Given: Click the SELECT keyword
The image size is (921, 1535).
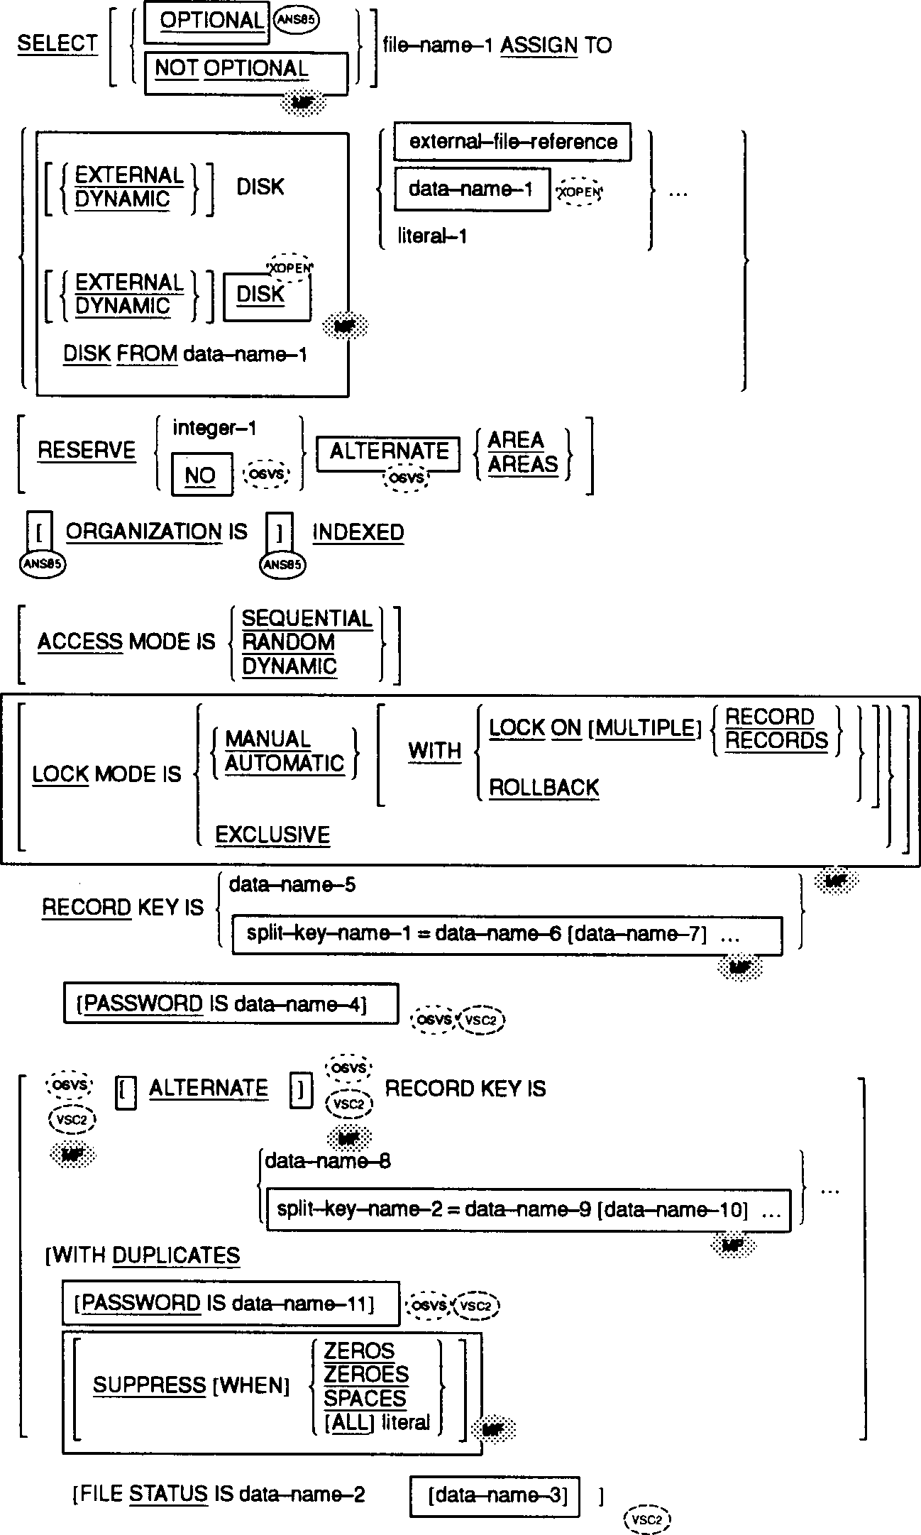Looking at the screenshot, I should pyautogui.click(x=57, y=44).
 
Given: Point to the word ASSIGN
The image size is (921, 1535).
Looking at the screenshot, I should pyautogui.click(x=539, y=45).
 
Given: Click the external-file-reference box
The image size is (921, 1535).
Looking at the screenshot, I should pyautogui.click(x=512, y=143).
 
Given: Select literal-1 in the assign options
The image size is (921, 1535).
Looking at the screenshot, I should pyautogui.click(x=432, y=236).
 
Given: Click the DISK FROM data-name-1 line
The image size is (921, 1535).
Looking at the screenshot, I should pyautogui.click(x=185, y=353).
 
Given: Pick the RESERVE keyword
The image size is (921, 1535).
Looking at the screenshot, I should pyautogui.click(x=87, y=451).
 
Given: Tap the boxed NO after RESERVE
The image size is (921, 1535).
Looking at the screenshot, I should pyautogui.click(x=202, y=475).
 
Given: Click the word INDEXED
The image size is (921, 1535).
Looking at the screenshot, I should pyautogui.click(x=358, y=532).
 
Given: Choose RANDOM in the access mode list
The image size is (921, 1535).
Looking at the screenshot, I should pyautogui.click(x=289, y=642).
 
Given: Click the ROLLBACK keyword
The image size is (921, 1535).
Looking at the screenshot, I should pyautogui.click(x=544, y=787).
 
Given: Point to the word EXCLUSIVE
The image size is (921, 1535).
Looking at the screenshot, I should pyautogui.click(x=272, y=835).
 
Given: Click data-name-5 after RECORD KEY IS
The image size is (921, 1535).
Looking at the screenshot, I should pyautogui.click(x=292, y=885).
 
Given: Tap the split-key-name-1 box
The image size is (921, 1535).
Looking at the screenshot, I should pyautogui.click(x=507, y=935).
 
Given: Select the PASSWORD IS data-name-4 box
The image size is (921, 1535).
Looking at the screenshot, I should pyautogui.click(x=231, y=1003).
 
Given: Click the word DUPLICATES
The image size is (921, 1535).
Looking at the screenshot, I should pyautogui.click(x=176, y=1255).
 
